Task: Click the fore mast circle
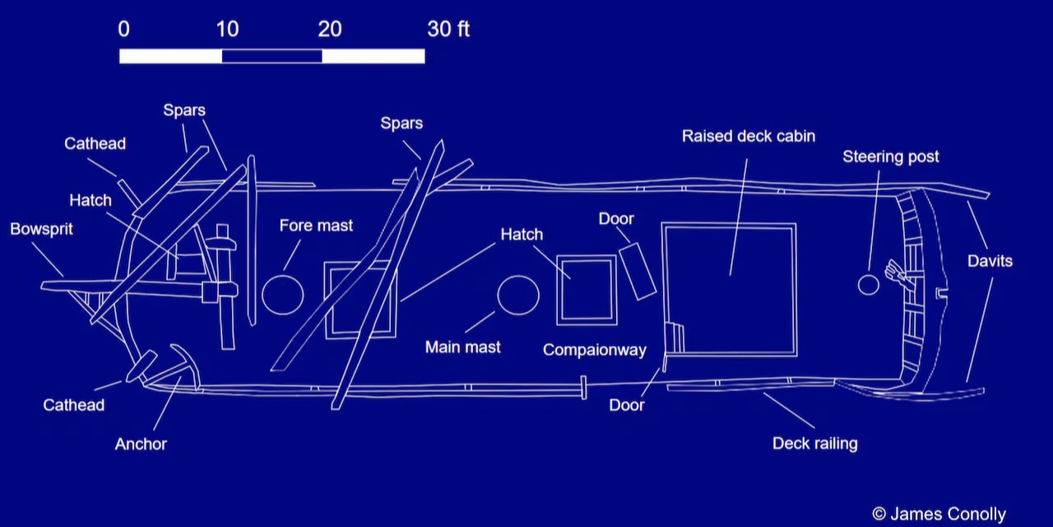coord(282,295)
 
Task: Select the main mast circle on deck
coord(518,295)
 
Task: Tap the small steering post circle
coord(869,285)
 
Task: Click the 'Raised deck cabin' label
coord(748,136)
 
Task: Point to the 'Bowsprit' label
coord(41,229)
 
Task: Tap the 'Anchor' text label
coord(141,444)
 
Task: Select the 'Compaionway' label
coord(594,350)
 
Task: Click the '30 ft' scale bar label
coord(448,29)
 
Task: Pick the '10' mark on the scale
coord(227,29)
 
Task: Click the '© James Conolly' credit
coord(939,514)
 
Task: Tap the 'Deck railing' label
coord(814,443)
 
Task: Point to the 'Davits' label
coord(990,261)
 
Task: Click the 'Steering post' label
coord(890,156)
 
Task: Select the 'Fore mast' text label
coord(316,225)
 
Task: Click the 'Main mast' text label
coord(462,347)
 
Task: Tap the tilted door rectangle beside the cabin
coord(638,271)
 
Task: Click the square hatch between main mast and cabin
coord(587,290)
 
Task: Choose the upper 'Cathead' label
coord(95,143)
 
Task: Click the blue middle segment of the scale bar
coord(271,56)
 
